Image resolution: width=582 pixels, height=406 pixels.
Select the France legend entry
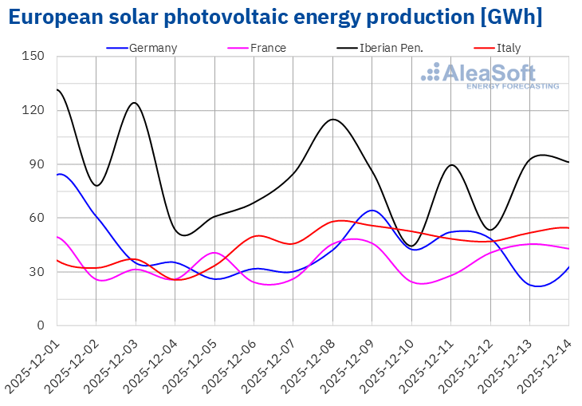[x=268, y=48]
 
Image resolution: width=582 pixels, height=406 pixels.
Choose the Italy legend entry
[x=508, y=48]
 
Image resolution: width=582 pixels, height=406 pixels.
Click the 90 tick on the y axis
[x=37, y=164]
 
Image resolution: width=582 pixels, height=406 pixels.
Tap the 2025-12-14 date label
[x=543, y=363]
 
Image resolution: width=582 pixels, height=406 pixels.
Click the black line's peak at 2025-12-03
[x=135, y=102]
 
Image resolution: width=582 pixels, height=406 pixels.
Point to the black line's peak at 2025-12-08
[x=332, y=120]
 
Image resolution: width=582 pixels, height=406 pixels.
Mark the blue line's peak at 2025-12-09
[x=372, y=211]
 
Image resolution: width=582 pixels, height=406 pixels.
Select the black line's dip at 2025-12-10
[x=411, y=246]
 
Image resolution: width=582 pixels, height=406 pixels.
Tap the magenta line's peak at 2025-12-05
[x=214, y=253]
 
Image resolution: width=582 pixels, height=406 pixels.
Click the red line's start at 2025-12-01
[x=57, y=260]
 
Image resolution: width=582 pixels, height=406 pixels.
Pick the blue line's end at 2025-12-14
[x=568, y=267]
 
